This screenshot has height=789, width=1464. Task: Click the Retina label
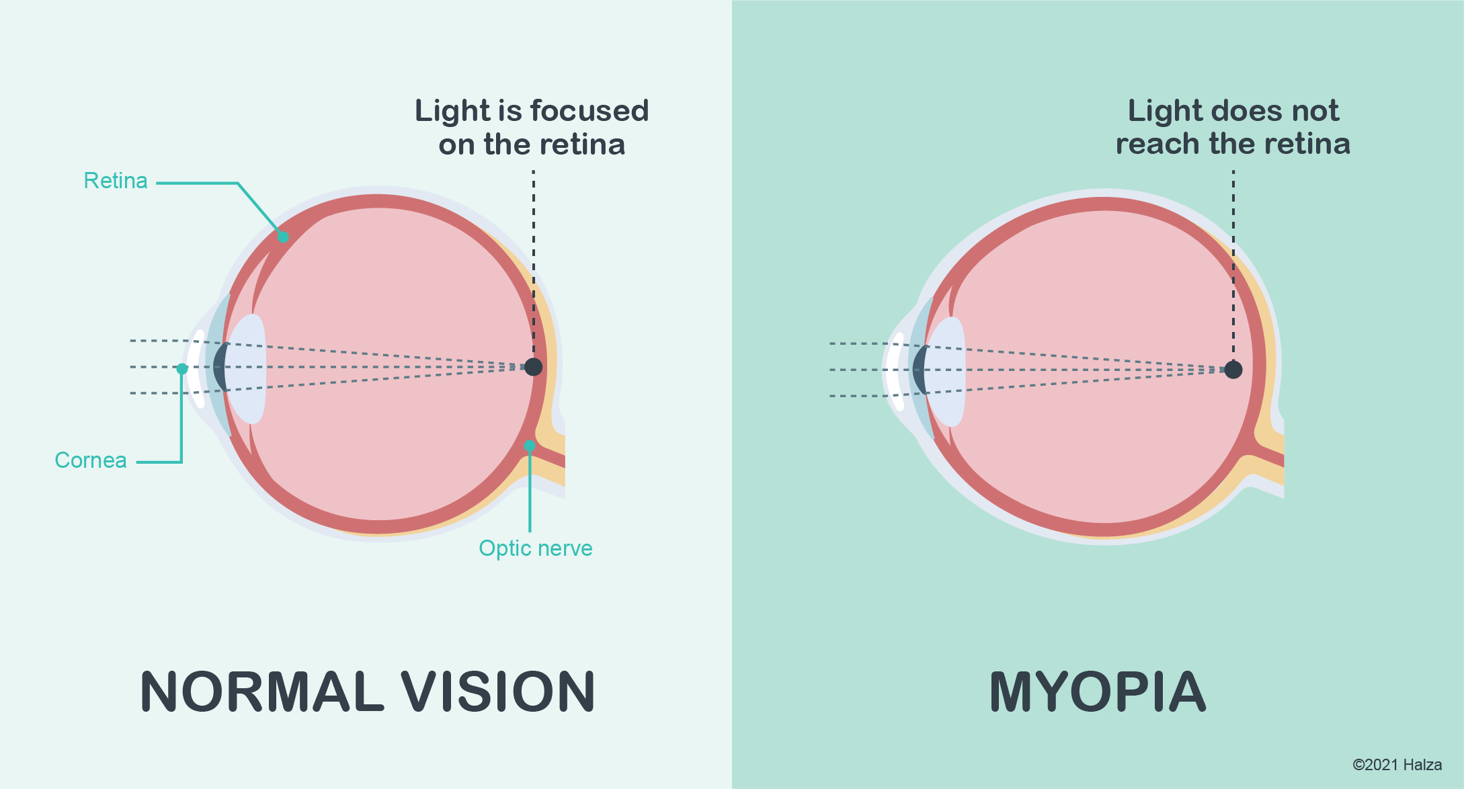(x=115, y=181)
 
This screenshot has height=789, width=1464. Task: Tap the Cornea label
(x=90, y=460)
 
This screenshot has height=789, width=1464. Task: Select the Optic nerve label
(x=535, y=548)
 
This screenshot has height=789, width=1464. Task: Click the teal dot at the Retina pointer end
(x=284, y=237)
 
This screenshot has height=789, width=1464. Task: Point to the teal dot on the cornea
(x=182, y=368)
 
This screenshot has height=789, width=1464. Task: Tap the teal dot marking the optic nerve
(x=530, y=446)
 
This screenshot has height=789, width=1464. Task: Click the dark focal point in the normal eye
(x=533, y=367)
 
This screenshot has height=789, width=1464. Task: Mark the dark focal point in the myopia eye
(x=1233, y=370)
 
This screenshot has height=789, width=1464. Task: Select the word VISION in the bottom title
(x=498, y=692)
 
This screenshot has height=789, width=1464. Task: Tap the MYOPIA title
(x=1098, y=692)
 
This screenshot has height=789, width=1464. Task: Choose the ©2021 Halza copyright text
(x=1397, y=765)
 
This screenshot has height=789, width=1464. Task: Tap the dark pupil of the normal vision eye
(x=219, y=367)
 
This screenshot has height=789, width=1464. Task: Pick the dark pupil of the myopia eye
(x=919, y=370)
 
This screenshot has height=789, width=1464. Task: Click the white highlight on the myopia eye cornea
(x=894, y=372)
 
